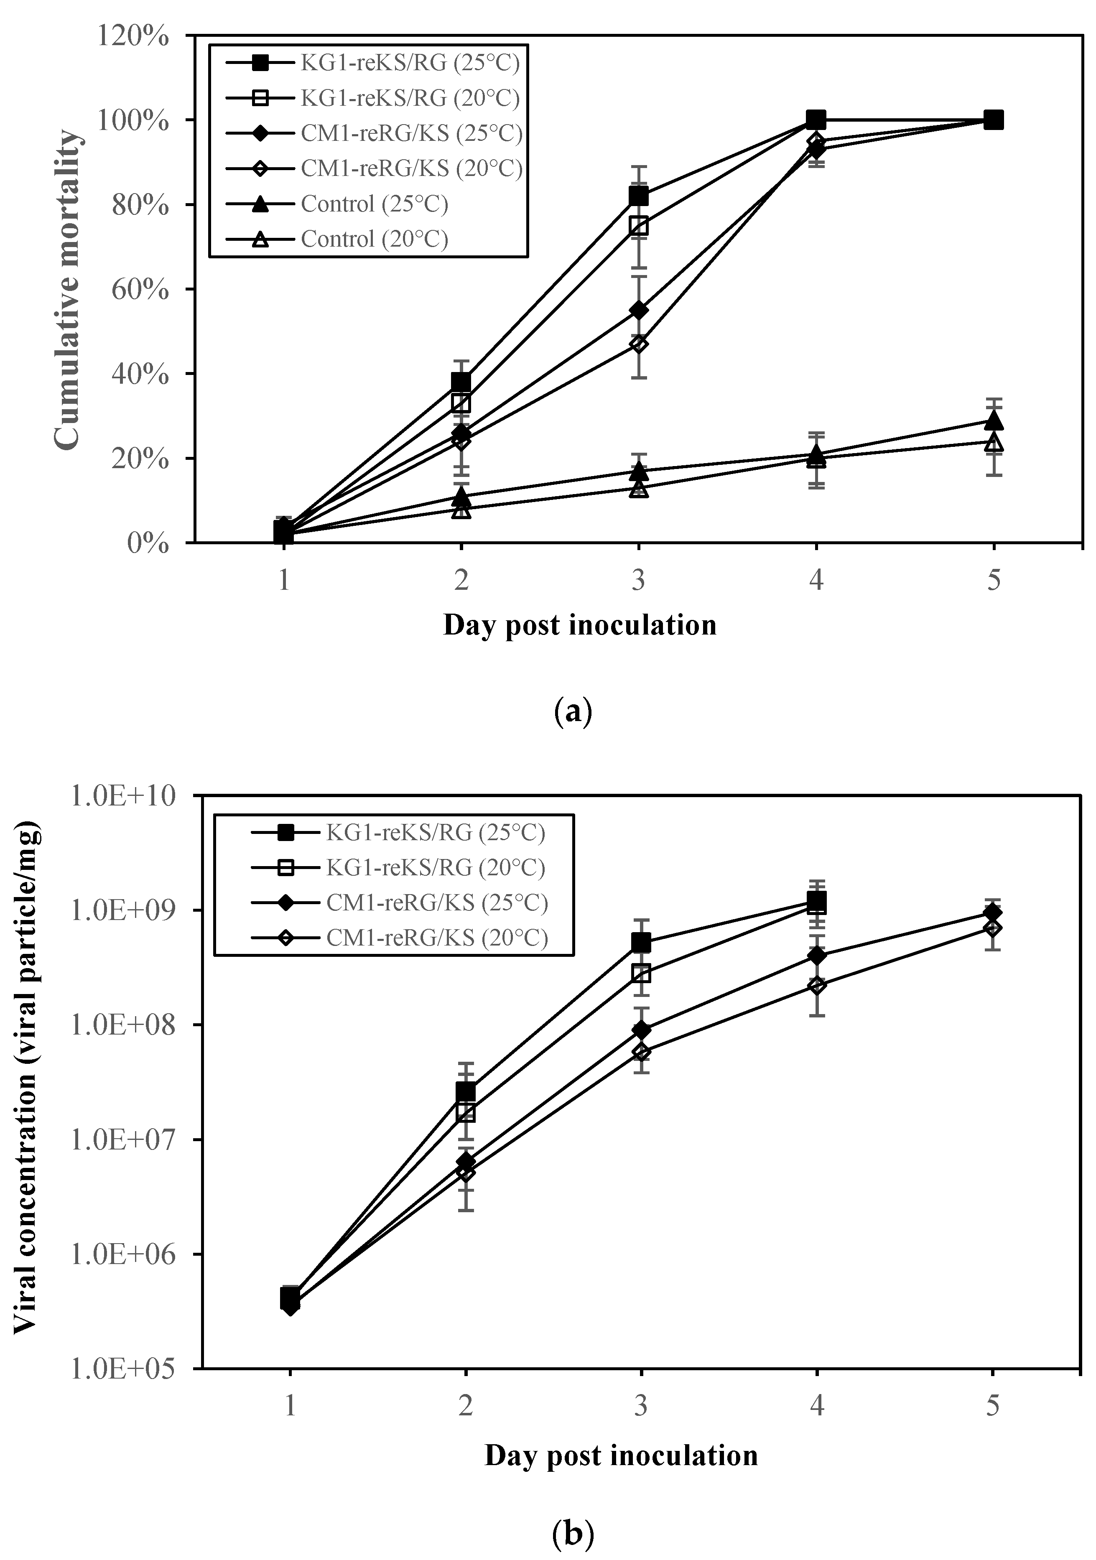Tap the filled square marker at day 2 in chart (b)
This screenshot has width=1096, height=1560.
(465, 1091)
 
